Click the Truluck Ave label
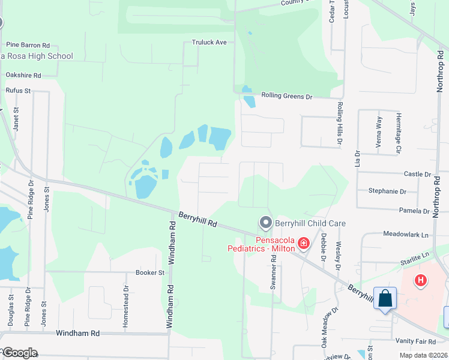209,43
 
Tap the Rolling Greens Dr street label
287,96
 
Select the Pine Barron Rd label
28,45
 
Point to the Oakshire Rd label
23,76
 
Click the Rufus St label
18,91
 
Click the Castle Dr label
418,174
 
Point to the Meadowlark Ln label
407,235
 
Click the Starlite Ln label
416,256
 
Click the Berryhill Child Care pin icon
265,223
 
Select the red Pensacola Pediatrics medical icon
304,243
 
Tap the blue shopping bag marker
385,298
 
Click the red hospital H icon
421,280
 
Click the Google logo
20,353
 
